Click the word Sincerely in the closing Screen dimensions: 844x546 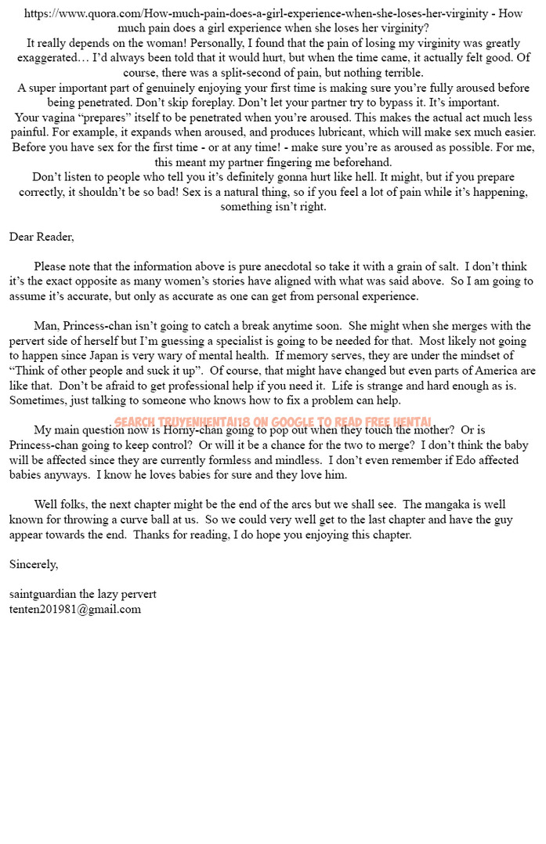tap(33, 564)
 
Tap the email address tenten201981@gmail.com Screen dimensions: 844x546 tap(75, 609)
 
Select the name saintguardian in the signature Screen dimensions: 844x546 tap(42, 594)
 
